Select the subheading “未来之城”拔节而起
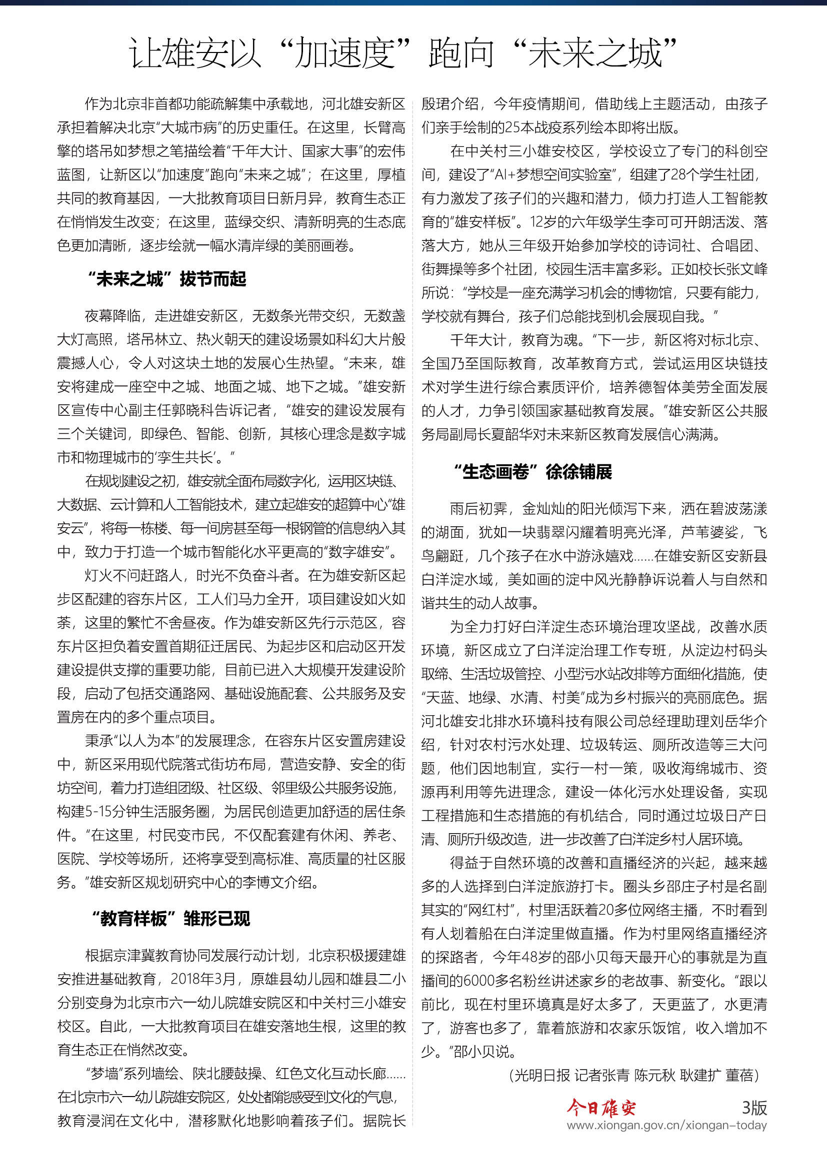pyautogui.click(x=166, y=279)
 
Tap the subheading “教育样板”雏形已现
pyautogui.click(x=170, y=919)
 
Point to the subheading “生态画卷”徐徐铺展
pyautogui.click(x=532, y=471)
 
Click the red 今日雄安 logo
pyautogui.click(x=601, y=1107)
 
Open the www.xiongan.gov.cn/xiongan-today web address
pyautogui.click(x=666, y=1125)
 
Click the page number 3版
pyautogui.click(x=754, y=1107)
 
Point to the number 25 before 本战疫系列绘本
pyautogui.click(x=513, y=127)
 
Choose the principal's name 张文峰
pyautogui.click(x=747, y=269)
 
